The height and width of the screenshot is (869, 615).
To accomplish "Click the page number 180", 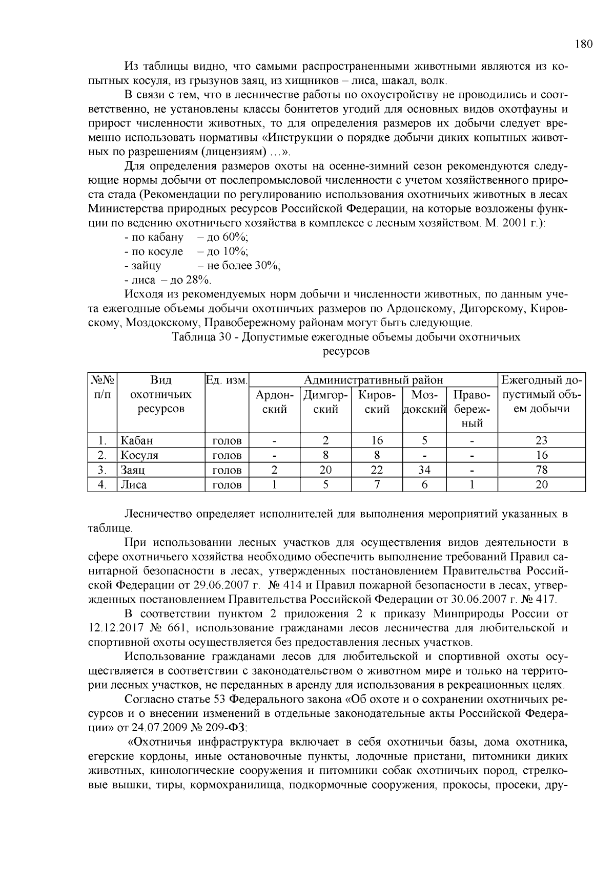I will pos(583,44).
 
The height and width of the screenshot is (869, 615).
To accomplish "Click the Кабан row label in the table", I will pos(136,440).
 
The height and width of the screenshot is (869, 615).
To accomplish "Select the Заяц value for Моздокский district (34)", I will pos(424,470).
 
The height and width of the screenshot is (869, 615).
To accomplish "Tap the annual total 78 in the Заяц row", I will pos(541,470).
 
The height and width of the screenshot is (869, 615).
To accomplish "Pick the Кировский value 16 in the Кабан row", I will pos(377,440).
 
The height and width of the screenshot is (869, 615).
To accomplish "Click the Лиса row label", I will pos(133,484).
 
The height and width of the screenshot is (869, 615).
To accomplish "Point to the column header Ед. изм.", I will pos(227,380).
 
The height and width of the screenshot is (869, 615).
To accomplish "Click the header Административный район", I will pos(373,380).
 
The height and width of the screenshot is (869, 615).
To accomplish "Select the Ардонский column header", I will pos(274,402).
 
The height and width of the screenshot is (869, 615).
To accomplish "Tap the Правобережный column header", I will pos(472,409).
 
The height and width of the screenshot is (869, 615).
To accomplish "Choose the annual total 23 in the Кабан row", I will pos(541,440).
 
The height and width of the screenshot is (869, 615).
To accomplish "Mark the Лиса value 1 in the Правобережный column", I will pos(472,484).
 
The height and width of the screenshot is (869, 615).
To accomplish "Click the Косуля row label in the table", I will pos(139,455).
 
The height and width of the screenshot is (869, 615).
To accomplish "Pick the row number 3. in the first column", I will pos(102,470).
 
